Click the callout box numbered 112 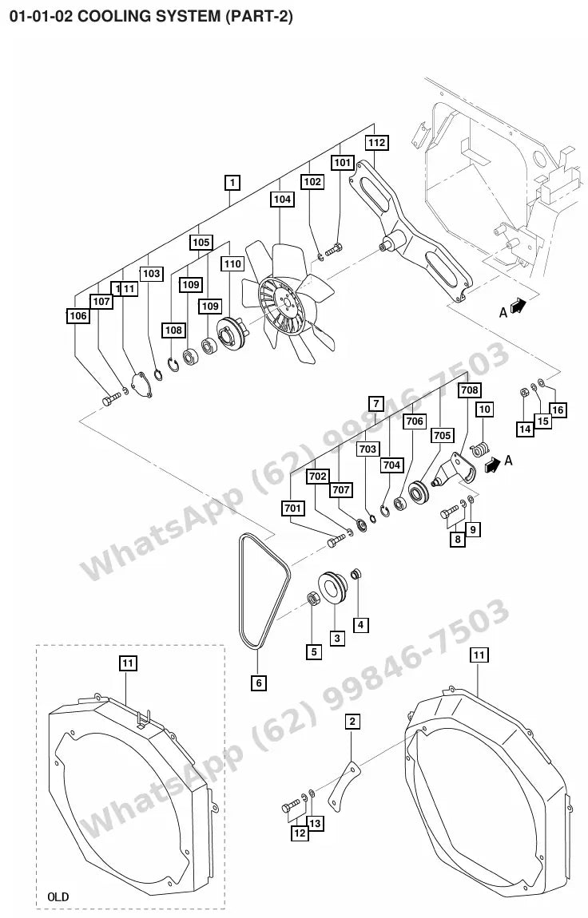[377, 142]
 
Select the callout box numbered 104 [282, 199]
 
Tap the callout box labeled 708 [470, 390]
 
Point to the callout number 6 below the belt [258, 682]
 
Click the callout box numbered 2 [352, 722]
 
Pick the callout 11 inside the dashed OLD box [128, 663]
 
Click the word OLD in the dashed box [58, 896]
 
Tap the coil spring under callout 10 [480, 449]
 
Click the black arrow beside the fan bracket [518, 305]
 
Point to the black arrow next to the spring [493, 465]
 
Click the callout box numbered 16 [558, 410]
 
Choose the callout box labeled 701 [293, 508]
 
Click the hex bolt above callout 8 [450, 512]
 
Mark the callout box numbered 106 [77, 316]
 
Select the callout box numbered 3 [337, 638]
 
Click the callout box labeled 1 [232, 183]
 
